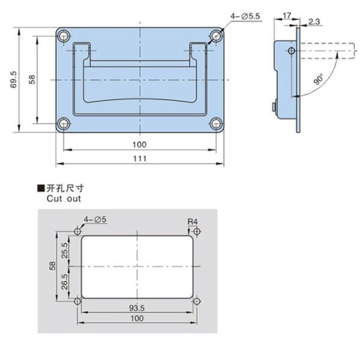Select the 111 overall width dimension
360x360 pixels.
139,158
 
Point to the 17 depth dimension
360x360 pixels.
285,14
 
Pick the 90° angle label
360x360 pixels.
317,79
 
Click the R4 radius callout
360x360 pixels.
192,222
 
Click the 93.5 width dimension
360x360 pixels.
139,308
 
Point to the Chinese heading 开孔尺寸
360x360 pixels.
64,188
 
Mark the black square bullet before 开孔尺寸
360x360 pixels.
41,188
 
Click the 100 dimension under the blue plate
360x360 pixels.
139,145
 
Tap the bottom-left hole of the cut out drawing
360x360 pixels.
77,301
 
